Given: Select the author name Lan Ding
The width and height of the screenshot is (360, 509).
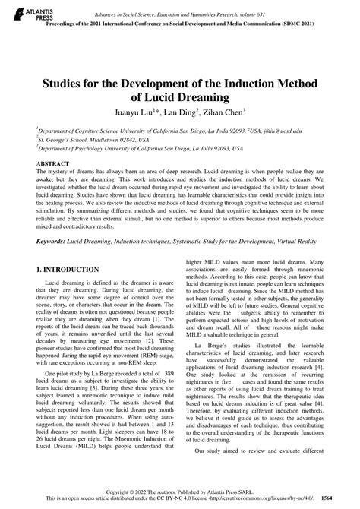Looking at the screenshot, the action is click(188, 112).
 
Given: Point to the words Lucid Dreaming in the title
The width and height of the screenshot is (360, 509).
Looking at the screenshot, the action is click(180, 96).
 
